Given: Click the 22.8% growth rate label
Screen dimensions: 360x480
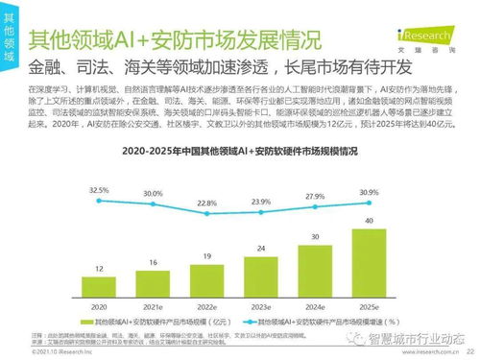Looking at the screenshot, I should click(x=206, y=204).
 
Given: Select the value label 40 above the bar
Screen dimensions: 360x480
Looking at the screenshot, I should click(x=369, y=221).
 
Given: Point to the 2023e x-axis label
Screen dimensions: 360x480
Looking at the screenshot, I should click(x=260, y=304).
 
